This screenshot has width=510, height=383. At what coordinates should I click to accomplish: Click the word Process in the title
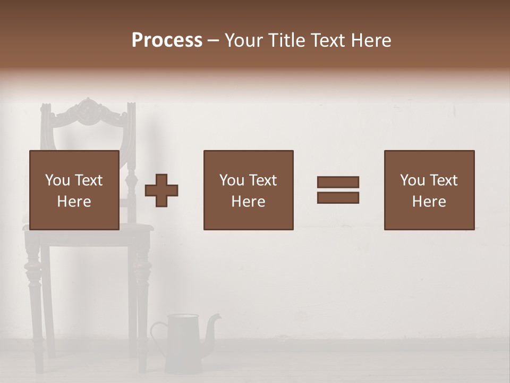click(x=167, y=40)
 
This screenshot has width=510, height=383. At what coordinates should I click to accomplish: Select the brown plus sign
click(x=161, y=190)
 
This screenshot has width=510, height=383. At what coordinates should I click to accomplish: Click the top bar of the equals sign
click(x=338, y=182)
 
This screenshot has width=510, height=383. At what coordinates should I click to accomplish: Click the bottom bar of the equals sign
click(x=338, y=198)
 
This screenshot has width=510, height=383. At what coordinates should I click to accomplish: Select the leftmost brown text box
click(x=74, y=190)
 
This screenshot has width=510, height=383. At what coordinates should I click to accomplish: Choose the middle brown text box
click(x=248, y=190)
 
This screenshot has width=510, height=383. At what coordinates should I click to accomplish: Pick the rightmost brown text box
click(x=429, y=190)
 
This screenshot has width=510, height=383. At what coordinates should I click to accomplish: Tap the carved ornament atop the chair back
click(x=88, y=111)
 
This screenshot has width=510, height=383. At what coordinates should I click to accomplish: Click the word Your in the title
click(x=243, y=40)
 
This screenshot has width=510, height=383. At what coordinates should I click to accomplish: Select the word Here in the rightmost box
click(x=429, y=202)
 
